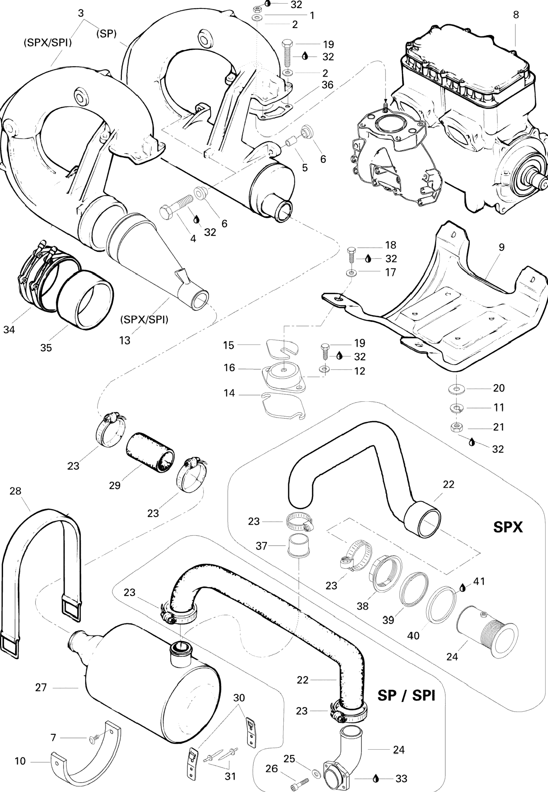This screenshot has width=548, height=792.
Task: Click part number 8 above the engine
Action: coord(516,15)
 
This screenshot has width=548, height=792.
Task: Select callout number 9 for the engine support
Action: coord(502,247)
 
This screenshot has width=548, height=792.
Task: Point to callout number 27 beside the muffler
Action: coord(41,688)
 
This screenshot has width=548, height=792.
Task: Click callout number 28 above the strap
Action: coord(15,491)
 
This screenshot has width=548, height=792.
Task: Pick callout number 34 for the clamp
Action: coord(9,330)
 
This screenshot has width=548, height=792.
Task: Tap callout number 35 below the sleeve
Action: coord(46,348)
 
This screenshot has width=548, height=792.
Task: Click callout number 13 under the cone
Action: coord(125,340)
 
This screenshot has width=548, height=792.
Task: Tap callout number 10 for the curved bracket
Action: coord(20,761)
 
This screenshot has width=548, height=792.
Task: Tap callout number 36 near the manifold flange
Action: coord(328,85)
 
